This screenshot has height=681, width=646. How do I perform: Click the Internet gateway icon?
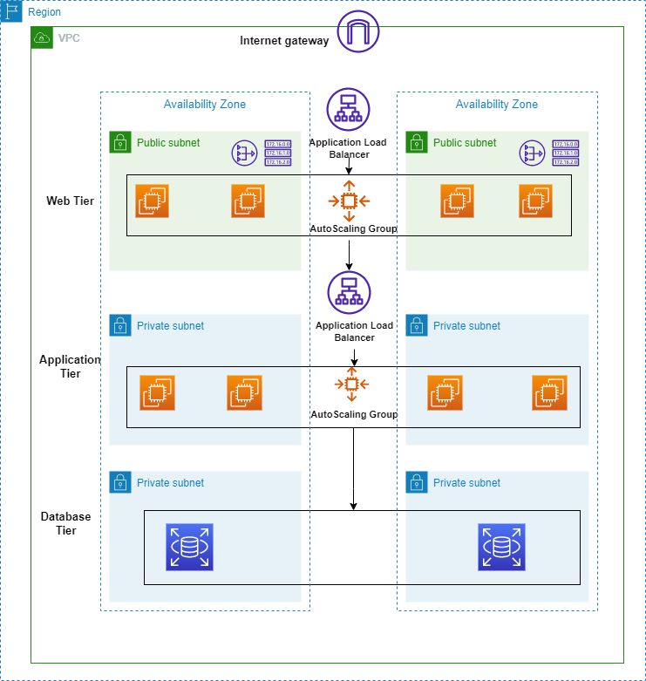(x=359, y=32)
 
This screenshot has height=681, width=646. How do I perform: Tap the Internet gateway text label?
(x=284, y=41)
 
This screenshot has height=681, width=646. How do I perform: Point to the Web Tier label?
(x=70, y=201)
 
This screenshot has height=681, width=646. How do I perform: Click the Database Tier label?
(x=66, y=523)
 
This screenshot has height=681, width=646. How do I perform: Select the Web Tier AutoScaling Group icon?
(x=349, y=201)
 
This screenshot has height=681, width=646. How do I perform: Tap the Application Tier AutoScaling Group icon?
(x=351, y=385)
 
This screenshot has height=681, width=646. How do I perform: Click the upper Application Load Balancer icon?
(x=349, y=110)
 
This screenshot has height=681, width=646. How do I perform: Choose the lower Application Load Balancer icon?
(x=349, y=293)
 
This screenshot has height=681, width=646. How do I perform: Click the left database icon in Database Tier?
(x=189, y=547)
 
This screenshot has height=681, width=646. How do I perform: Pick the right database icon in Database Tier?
(x=501, y=547)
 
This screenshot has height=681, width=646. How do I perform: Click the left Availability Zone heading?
(x=205, y=105)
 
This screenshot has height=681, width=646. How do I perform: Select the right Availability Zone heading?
(x=497, y=105)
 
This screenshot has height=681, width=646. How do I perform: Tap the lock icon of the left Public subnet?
(x=120, y=143)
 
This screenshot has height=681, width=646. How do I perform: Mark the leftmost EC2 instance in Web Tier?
(x=153, y=201)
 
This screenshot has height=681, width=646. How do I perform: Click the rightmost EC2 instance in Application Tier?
(x=550, y=392)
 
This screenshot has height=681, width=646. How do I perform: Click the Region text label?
(x=44, y=12)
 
